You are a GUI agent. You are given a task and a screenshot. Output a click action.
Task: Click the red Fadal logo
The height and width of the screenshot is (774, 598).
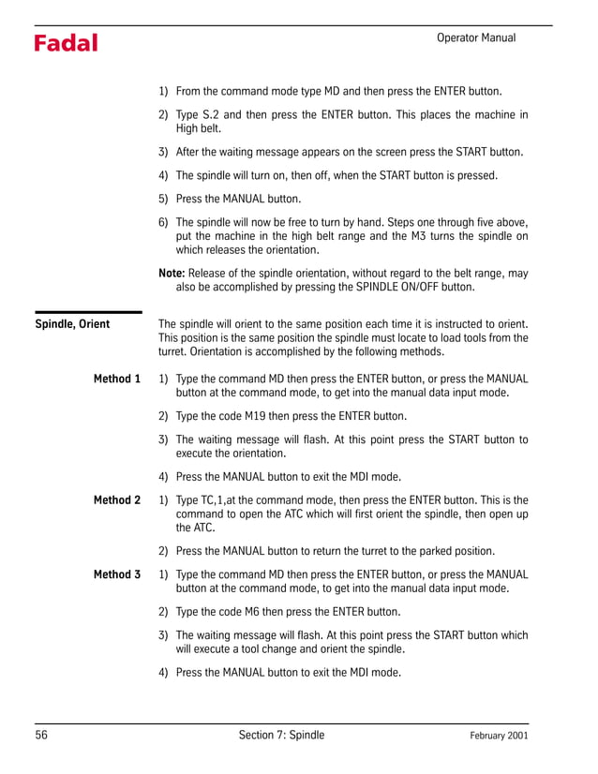[x=66, y=43]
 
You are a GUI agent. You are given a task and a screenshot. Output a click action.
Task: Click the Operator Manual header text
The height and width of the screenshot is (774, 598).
[x=476, y=37]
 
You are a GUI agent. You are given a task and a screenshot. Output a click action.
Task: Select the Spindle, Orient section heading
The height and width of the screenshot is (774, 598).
[x=72, y=324]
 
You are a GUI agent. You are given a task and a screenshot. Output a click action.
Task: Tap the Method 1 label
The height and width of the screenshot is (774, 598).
[x=117, y=379]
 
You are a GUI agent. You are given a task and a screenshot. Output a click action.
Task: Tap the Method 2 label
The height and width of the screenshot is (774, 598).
[x=117, y=500]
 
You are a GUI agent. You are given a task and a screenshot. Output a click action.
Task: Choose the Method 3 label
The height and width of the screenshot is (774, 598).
[x=117, y=574]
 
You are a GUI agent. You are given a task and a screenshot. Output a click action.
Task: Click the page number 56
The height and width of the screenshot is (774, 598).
[x=42, y=736]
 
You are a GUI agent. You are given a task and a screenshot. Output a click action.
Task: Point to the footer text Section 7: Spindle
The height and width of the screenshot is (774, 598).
[x=281, y=736]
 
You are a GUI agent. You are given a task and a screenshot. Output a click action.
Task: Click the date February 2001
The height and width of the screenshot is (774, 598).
[x=499, y=737]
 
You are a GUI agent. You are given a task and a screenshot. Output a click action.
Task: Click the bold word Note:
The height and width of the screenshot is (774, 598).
[x=172, y=273]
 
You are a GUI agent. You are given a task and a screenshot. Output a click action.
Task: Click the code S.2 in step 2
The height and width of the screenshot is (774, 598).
[x=217, y=115]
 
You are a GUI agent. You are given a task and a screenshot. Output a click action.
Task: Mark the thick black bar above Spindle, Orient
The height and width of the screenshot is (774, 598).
[x=88, y=312]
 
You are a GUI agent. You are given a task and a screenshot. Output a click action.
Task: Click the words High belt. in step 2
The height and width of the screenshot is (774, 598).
[x=199, y=129]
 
